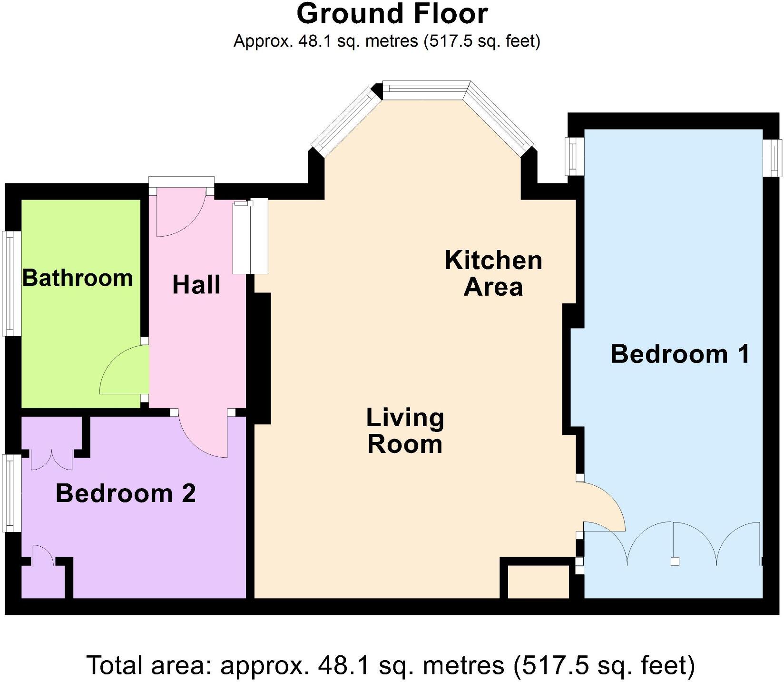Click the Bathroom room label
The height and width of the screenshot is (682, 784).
[x=78, y=278]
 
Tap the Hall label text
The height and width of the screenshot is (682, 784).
[x=196, y=285]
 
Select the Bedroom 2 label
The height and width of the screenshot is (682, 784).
[x=126, y=493]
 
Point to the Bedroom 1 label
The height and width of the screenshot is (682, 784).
[x=679, y=354]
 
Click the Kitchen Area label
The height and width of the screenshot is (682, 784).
[x=493, y=273]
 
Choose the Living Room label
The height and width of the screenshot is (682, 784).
[x=405, y=431]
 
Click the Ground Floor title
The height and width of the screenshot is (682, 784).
[x=392, y=14]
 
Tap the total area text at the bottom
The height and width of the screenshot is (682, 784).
[x=390, y=665]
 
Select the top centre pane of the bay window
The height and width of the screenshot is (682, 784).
[x=426, y=90]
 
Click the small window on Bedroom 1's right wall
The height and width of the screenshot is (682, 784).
[x=773, y=158]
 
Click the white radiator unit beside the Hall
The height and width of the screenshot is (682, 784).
[x=250, y=237]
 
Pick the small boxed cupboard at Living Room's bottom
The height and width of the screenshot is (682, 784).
[x=538, y=582]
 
